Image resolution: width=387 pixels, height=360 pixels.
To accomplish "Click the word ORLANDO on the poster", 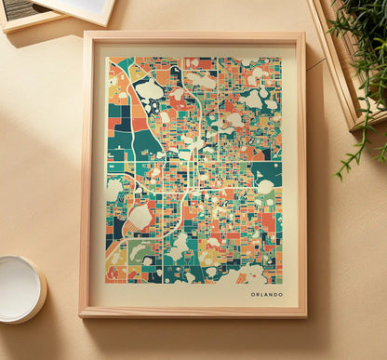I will pyautogui.click(x=266, y=295).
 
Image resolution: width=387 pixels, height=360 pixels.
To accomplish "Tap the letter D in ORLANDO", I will pyautogui.click(x=274, y=295).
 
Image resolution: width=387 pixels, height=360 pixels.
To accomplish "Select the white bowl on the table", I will pyautogui.click(x=20, y=288).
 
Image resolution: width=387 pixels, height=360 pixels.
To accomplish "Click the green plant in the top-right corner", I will pyautogui.click(x=363, y=37).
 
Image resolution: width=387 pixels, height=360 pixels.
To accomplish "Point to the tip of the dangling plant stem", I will pyautogui.click(x=339, y=175).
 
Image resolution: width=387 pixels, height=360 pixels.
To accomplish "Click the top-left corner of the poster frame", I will pyautogui.click(x=83, y=33).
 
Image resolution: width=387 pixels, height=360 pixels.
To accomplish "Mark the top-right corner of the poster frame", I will pyautogui.click(x=304, y=33).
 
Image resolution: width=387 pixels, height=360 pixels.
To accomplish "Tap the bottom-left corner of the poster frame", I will pyautogui.click(x=81, y=316).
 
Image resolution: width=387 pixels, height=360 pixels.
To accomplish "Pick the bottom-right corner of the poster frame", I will pyautogui.click(x=306, y=316).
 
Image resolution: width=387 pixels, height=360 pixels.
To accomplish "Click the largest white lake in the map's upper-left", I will pyautogui.click(x=149, y=90).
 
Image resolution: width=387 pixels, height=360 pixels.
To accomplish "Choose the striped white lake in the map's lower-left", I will pyautogui.click(x=139, y=216).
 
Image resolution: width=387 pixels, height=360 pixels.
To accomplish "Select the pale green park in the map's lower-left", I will pyautogui.click(x=140, y=251).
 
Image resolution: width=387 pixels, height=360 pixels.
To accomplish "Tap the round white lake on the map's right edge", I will pyautogui.click(x=266, y=187).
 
